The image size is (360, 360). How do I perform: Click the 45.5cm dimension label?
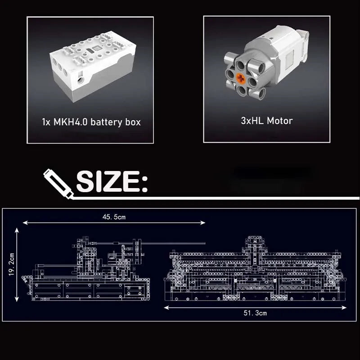tap(114, 217)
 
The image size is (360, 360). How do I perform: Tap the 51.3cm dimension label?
tap(255, 313)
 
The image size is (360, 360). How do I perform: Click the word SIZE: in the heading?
tap(112, 181)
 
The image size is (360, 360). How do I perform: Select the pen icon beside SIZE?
tap(58, 184)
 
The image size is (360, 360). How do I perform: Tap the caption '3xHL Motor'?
tap(267, 121)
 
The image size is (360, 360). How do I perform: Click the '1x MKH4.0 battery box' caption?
tap(91, 122)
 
